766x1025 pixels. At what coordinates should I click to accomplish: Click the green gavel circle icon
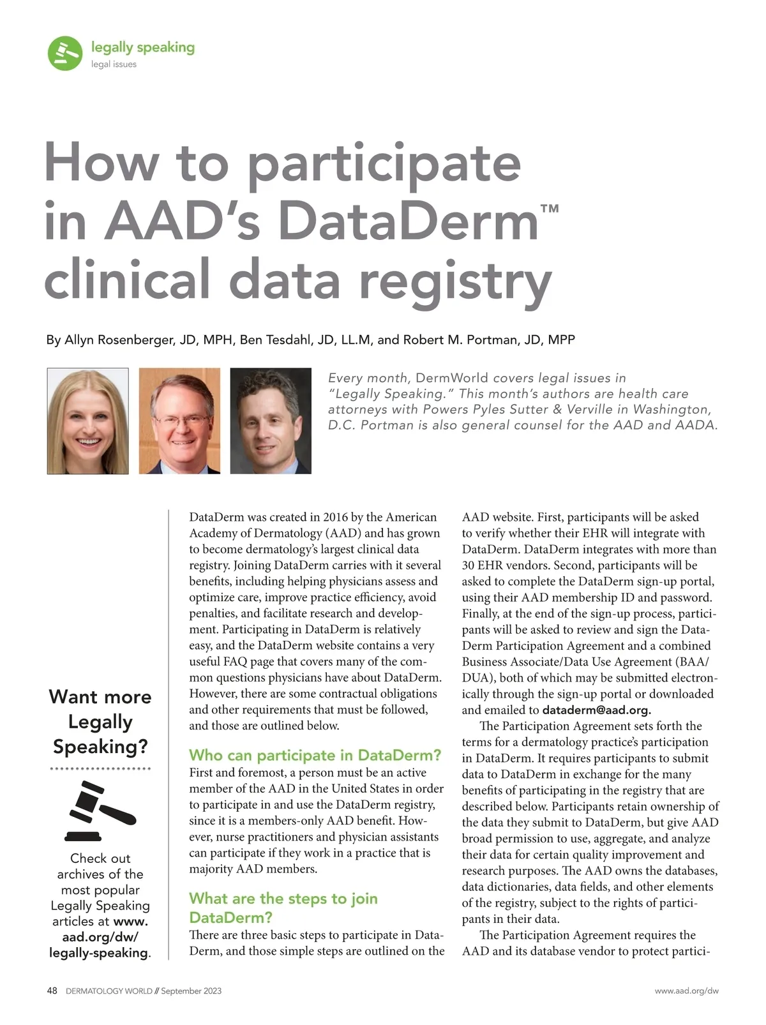pyautogui.click(x=64, y=53)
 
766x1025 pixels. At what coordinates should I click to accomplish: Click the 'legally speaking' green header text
pyautogui.click(x=142, y=47)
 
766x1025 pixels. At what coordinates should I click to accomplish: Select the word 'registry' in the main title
pyautogui.click(x=455, y=281)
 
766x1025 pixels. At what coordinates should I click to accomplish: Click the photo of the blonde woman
pyautogui.click(x=87, y=421)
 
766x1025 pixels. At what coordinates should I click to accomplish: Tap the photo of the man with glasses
pyautogui.click(x=179, y=421)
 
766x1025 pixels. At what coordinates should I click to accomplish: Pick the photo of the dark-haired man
pyautogui.click(x=271, y=421)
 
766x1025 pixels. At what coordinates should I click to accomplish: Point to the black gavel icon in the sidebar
pyautogui.click(x=100, y=811)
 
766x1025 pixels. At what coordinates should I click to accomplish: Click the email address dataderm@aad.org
pyautogui.click(x=596, y=710)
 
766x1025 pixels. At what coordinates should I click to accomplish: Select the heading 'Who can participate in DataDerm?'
pyautogui.click(x=315, y=755)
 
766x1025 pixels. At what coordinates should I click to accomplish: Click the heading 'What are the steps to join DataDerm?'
pyautogui.click(x=283, y=908)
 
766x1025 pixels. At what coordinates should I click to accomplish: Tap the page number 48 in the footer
pyautogui.click(x=52, y=991)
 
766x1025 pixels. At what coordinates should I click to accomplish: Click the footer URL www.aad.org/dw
pyautogui.click(x=686, y=991)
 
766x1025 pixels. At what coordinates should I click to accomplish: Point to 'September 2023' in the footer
pyautogui.click(x=191, y=991)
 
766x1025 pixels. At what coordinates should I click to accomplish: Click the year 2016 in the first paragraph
pyautogui.click(x=335, y=517)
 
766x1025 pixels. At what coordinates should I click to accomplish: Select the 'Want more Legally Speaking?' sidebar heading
pyautogui.click(x=100, y=721)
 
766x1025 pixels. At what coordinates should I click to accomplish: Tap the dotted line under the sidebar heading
pyautogui.click(x=100, y=769)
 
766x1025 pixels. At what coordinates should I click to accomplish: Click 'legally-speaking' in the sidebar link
pyautogui.click(x=98, y=953)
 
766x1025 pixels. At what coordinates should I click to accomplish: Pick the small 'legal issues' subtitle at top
pyautogui.click(x=114, y=64)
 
